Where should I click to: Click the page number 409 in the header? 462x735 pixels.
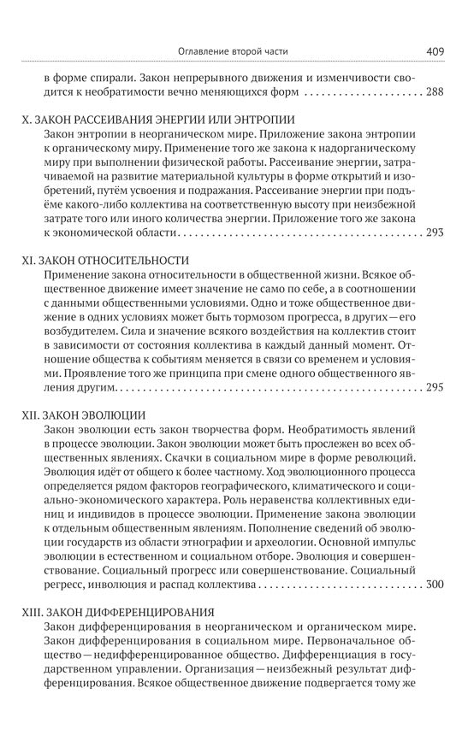click(x=434, y=51)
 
